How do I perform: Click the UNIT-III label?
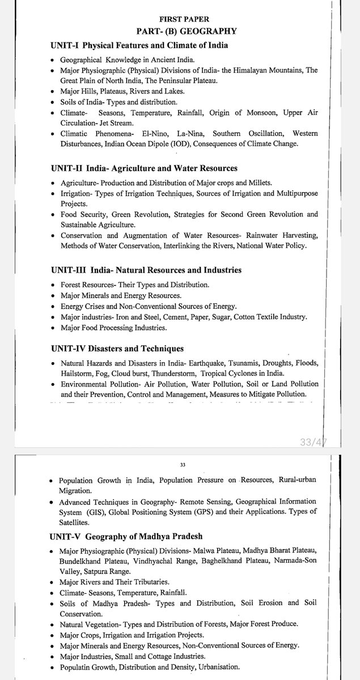pyautogui.click(x=68, y=270)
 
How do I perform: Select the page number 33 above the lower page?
pyautogui.click(x=183, y=464)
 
